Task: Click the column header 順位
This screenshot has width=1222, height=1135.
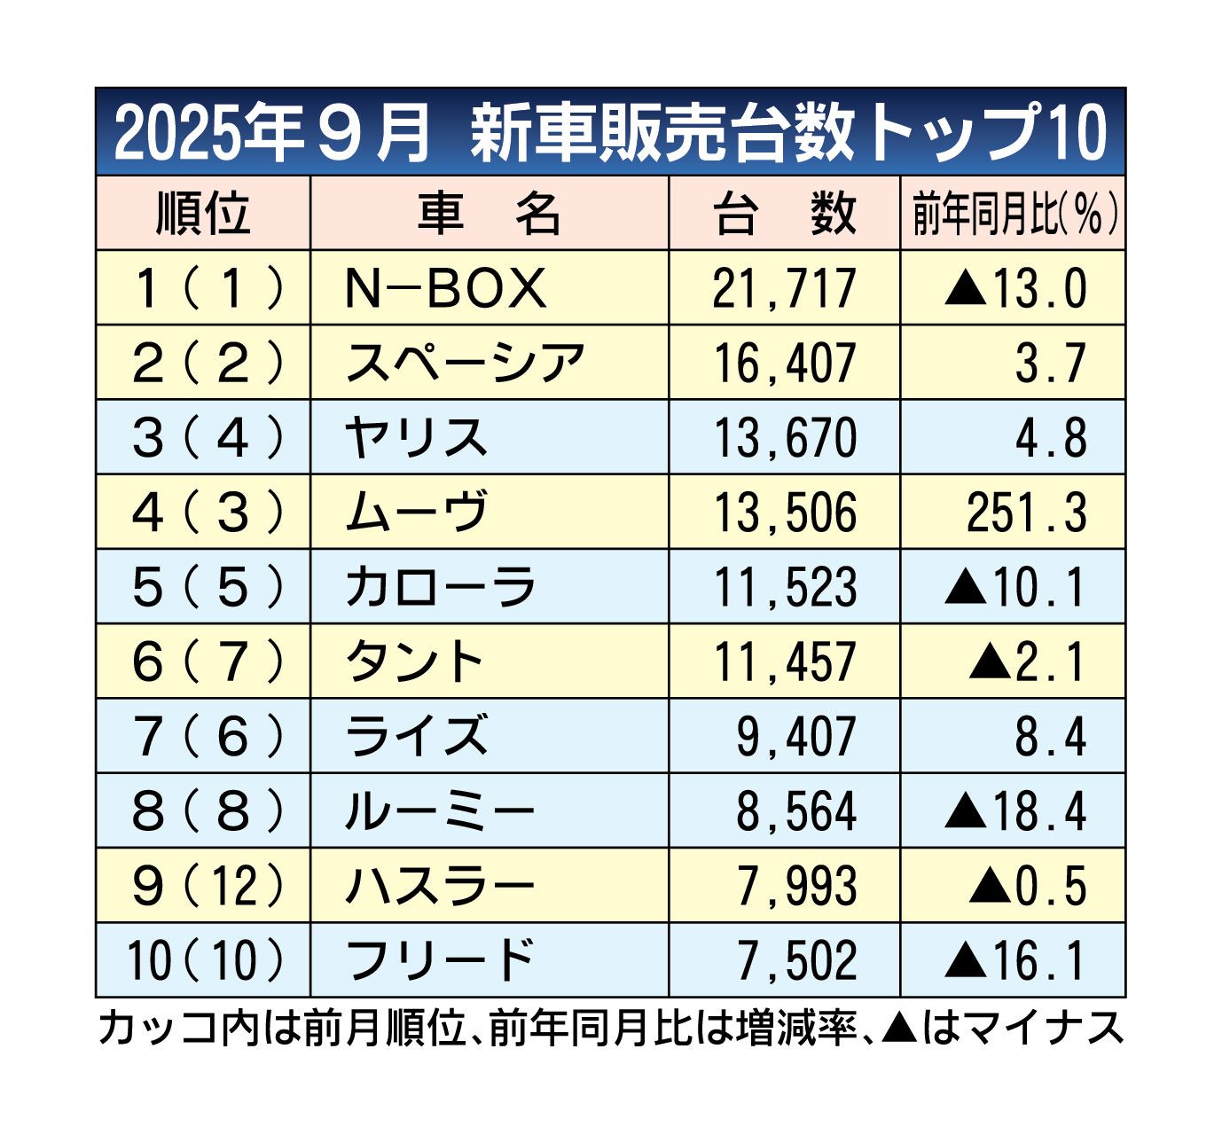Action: click(203, 213)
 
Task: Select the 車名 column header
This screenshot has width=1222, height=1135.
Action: click(489, 213)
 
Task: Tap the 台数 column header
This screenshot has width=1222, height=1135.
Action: click(784, 213)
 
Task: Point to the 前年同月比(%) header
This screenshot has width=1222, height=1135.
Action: click(1013, 213)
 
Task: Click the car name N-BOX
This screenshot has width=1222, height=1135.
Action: click(445, 288)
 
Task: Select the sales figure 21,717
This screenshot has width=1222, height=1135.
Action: click(784, 288)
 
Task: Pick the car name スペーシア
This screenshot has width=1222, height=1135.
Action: click(465, 363)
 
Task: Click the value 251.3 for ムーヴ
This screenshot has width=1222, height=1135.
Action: click(1026, 513)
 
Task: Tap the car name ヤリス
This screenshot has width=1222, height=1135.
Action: click(416, 438)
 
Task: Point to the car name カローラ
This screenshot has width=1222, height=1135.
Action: click(440, 587)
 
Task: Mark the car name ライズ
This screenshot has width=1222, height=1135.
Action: click(416, 736)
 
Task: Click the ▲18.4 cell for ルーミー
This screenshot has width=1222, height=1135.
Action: click(1014, 810)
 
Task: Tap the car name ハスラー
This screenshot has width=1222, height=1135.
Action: click(440, 886)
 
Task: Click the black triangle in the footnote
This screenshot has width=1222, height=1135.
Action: click(899, 1028)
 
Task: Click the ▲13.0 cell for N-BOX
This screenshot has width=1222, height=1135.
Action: click(1014, 288)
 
